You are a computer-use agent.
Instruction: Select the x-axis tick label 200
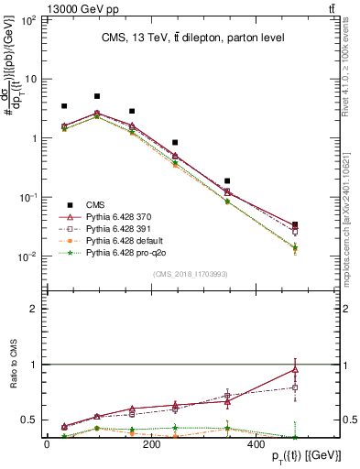(x=152, y=445)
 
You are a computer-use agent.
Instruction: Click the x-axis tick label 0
(x=47, y=445)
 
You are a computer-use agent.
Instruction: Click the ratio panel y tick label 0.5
(x=28, y=420)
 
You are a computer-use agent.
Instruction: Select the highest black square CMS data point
(x=97, y=96)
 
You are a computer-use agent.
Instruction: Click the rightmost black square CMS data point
(x=294, y=224)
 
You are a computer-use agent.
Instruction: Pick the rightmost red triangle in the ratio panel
(x=294, y=370)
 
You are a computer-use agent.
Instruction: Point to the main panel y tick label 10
(x=31, y=79)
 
